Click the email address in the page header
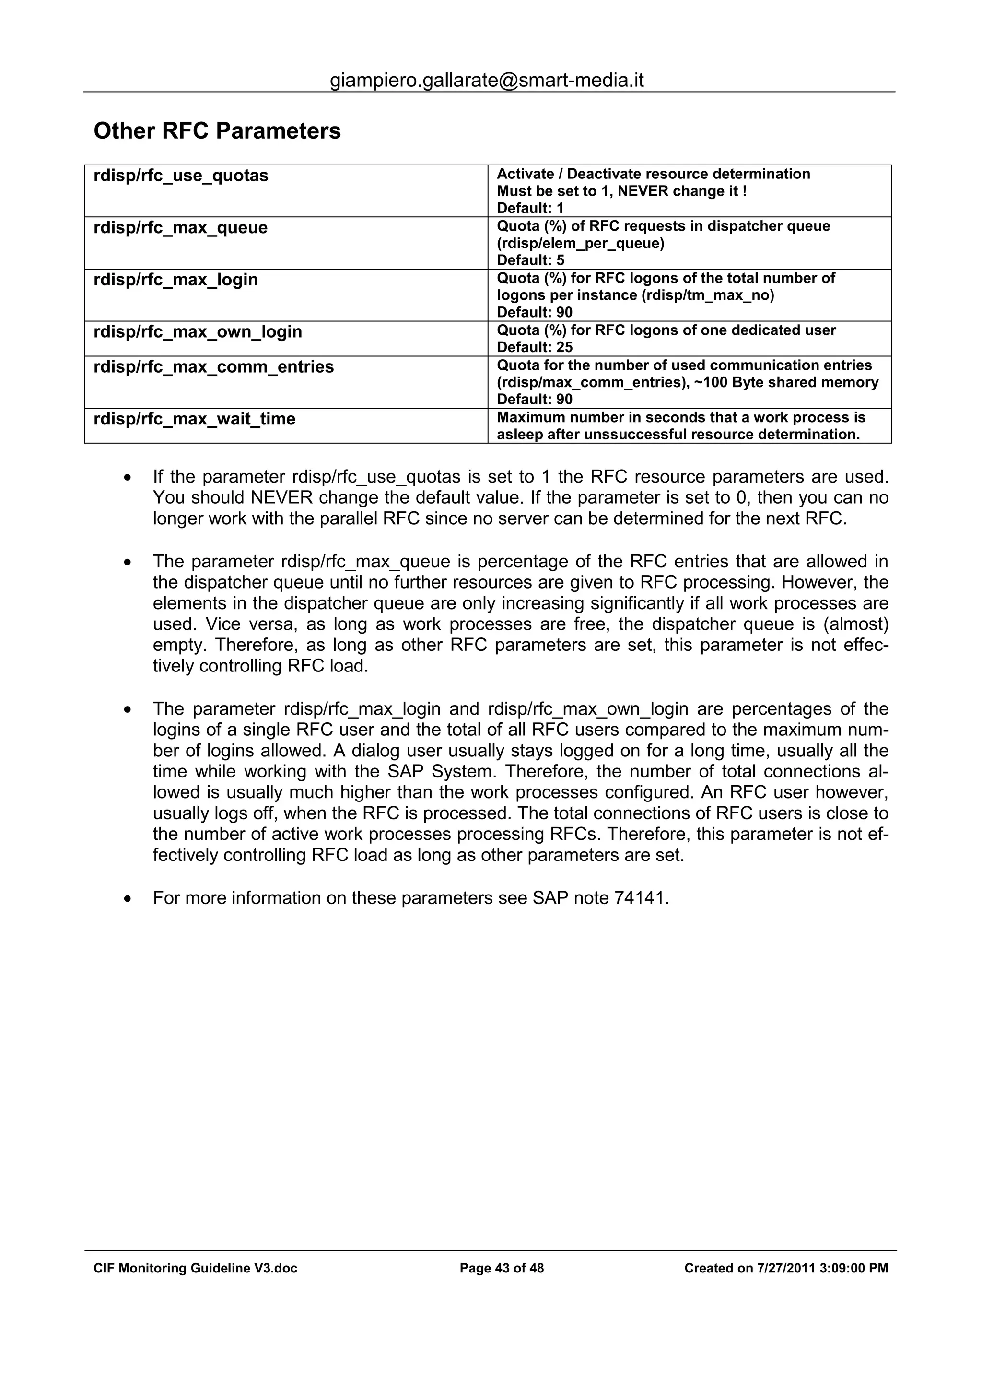click(487, 80)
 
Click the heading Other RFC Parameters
click(217, 131)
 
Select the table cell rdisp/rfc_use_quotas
click(181, 176)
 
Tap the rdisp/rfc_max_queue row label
click(180, 228)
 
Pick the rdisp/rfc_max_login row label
click(175, 280)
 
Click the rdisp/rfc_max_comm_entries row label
click(213, 367)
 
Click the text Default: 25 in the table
click(534, 347)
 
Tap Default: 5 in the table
click(530, 260)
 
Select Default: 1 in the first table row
click(530, 208)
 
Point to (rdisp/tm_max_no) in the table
click(707, 295)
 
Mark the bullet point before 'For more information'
click(127, 899)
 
